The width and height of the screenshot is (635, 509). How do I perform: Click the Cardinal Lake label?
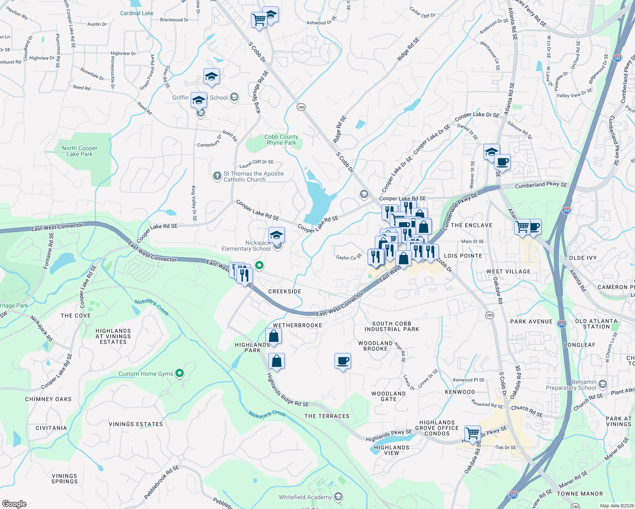[137, 13]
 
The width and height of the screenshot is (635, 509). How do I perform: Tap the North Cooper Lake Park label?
[80, 151]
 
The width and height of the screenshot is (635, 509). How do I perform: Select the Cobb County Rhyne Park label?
[281, 140]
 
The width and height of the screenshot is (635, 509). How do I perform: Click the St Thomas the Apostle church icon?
[217, 176]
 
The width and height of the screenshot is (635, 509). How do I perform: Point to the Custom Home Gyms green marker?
[180, 373]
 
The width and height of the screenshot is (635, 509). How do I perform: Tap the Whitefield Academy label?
[305, 497]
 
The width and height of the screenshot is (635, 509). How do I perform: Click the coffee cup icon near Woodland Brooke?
[343, 361]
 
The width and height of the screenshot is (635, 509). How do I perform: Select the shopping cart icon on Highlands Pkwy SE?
[472, 433]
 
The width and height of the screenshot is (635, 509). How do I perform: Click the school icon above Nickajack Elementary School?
[276, 235]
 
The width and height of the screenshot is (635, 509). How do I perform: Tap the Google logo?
[14, 503]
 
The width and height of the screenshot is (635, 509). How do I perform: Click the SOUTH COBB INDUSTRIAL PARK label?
[392, 326]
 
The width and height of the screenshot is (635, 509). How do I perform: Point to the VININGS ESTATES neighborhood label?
[136, 424]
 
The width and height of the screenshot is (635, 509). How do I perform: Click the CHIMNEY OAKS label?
[48, 399]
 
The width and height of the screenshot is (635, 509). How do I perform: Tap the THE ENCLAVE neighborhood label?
[472, 225]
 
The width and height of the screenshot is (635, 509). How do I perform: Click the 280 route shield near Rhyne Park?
[301, 107]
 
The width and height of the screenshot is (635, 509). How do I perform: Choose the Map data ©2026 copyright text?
[615, 506]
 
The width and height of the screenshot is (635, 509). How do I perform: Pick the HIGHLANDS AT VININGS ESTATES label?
[113, 336]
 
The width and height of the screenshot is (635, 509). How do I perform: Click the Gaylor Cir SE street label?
[349, 257]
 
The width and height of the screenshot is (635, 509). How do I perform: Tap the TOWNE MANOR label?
[580, 494]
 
